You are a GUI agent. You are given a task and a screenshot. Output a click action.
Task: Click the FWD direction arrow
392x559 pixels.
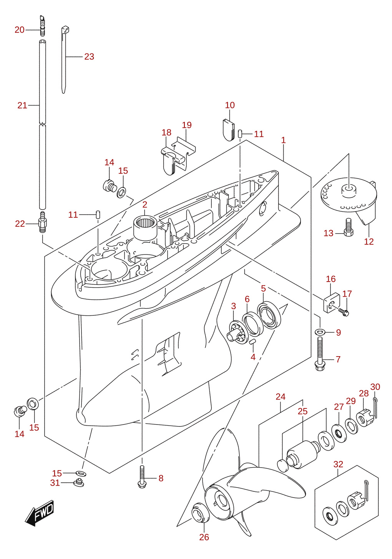(39, 513)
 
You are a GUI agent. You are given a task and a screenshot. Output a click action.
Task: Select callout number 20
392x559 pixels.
(20, 30)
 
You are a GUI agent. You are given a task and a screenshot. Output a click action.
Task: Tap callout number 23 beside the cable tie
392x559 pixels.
(89, 56)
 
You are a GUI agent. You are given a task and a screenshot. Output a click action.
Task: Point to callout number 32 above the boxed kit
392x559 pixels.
(338, 464)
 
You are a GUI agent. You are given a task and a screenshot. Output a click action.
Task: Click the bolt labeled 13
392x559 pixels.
(349, 227)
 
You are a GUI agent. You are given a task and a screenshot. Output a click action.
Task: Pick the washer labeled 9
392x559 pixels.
(320, 332)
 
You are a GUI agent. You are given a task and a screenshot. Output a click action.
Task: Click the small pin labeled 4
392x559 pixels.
(252, 342)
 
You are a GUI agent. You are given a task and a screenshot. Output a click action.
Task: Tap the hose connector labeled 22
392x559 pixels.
(42, 222)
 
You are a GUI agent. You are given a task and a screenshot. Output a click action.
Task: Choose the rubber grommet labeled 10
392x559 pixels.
(229, 130)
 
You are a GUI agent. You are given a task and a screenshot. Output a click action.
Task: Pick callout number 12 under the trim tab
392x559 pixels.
(369, 242)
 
